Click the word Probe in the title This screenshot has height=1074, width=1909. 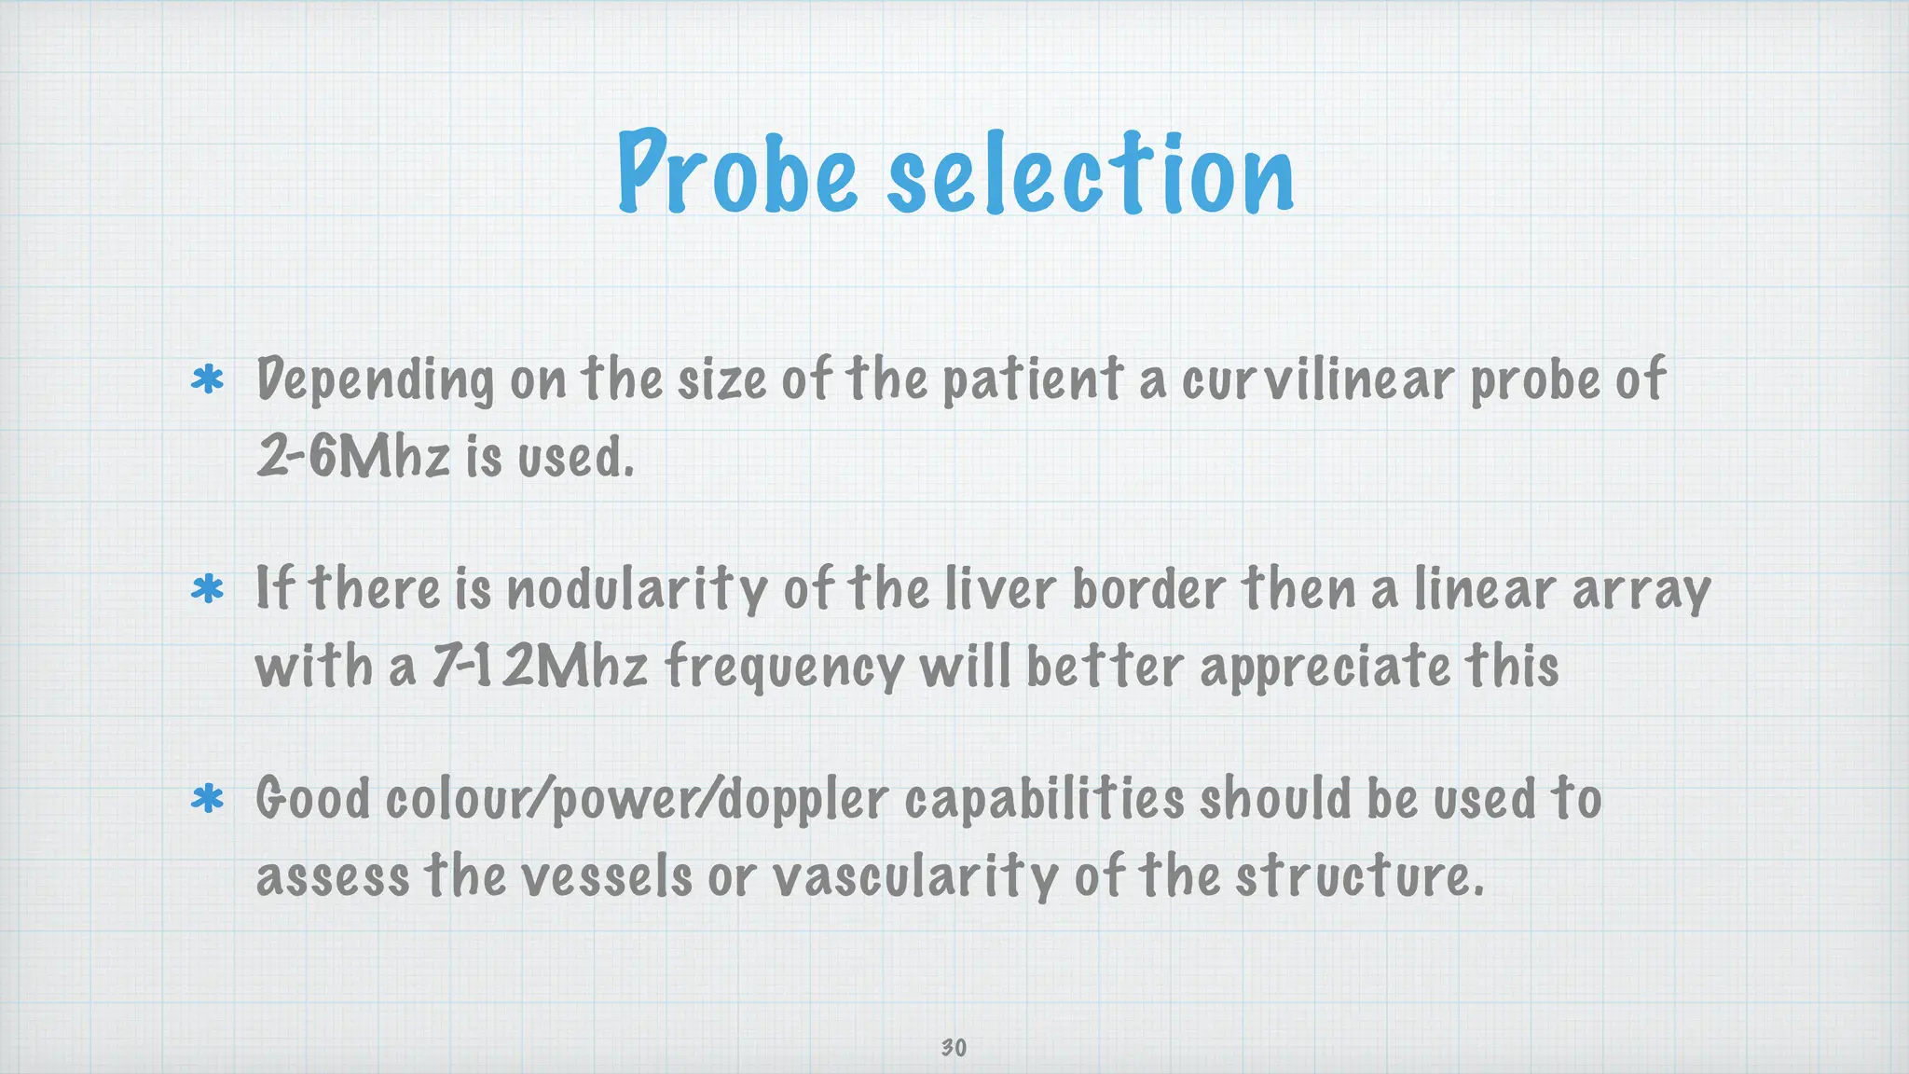click(736, 172)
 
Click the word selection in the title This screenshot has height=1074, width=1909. click(1090, 172)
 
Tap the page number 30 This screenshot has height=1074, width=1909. click(954, 1048)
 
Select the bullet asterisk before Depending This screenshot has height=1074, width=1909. click(207, 380)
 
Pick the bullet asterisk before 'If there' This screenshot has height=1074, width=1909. click(207, 590)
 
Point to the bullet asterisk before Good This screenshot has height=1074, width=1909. click(207, 800)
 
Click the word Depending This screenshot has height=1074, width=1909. click(375, 380)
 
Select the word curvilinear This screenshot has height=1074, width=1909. click(1318, 380)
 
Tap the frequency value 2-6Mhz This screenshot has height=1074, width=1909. click(353, 457)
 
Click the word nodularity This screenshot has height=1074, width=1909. click(636, 590)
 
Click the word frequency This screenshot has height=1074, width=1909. click(784, 668)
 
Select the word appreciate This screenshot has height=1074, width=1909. click(1325, 668)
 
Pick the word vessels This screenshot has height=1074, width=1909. click(606, 876)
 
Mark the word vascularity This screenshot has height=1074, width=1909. click(916, 876)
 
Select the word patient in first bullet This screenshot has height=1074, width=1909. click(1033, 380)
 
